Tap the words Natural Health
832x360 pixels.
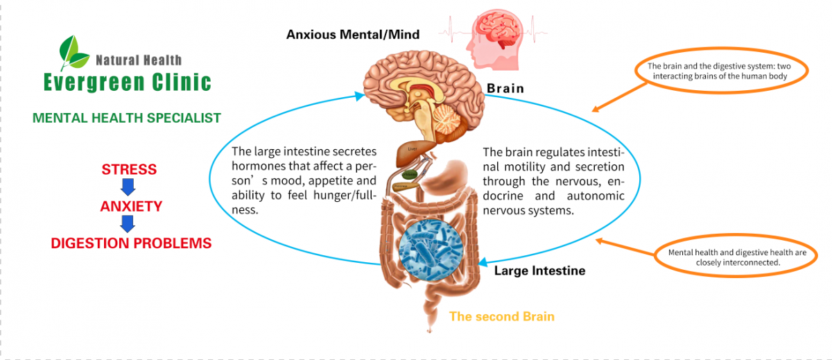coord(138,60)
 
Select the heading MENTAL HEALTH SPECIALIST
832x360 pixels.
coord(127,118)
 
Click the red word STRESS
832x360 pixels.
coord(129,170)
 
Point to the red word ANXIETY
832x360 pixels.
coord(131,207)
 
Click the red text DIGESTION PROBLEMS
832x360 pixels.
coord(131,243)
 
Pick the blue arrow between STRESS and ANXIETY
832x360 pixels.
coord(128,187)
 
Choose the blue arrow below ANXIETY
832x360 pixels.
coord(128,224)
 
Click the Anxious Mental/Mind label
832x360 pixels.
coord(353,34)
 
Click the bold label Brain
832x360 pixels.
coord(505,89)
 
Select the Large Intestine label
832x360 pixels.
coord(539,271)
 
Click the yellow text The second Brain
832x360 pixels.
coord(502,316)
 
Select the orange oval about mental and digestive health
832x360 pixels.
coord(737,257)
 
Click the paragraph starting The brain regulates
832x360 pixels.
coord(553,181)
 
